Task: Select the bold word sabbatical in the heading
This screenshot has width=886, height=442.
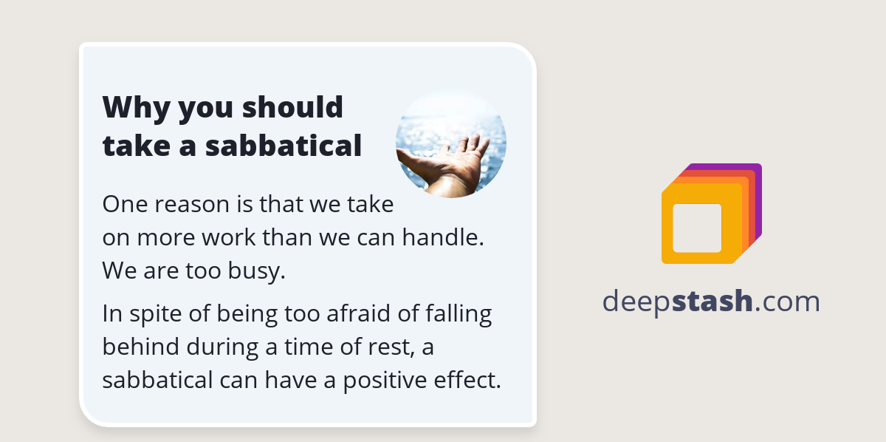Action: [x=284, y=146]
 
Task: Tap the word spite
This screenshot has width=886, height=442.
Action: [x=162, y=314]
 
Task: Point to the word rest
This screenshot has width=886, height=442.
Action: [x=384, y=347]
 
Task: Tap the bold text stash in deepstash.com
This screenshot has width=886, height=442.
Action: [x=712, y=302]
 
